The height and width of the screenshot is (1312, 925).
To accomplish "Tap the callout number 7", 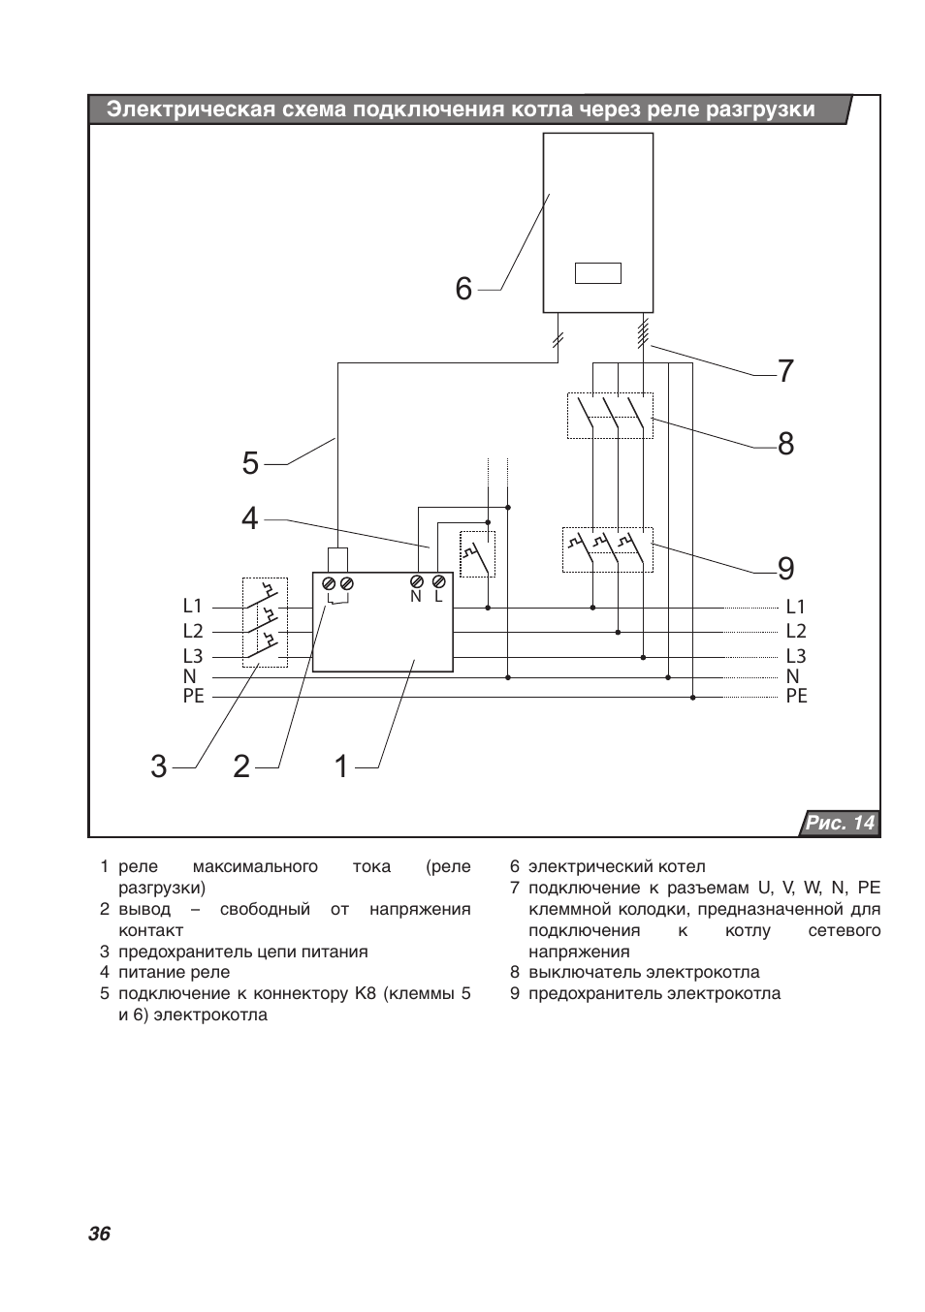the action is tap(785, 371).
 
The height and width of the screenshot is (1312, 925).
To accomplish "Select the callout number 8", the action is tap(785, 444).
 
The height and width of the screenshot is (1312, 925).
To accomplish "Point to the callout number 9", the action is tap(785, 568).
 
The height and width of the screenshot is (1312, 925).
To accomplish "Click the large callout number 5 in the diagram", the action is tap(250, 463).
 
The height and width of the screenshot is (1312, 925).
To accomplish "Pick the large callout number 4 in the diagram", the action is tap(250, 518).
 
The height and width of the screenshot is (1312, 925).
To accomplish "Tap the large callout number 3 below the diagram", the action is tap(159, 766).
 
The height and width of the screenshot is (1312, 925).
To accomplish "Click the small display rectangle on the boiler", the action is tap(598, 273).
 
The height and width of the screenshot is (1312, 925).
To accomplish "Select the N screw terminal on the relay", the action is tap(417, 581).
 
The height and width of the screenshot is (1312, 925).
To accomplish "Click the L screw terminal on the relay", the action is tap(438, 581).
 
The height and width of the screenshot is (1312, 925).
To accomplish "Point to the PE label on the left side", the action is tap(194, 696).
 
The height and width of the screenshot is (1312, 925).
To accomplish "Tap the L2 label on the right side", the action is tap(796, 631).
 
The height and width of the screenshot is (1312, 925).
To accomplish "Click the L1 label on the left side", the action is tap(192, 605).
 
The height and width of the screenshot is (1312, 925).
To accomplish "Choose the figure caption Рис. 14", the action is tap(840, 823).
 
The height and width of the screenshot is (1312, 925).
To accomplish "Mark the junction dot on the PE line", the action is tap(692, 698).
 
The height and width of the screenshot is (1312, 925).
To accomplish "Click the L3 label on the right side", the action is tap(796, 655).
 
